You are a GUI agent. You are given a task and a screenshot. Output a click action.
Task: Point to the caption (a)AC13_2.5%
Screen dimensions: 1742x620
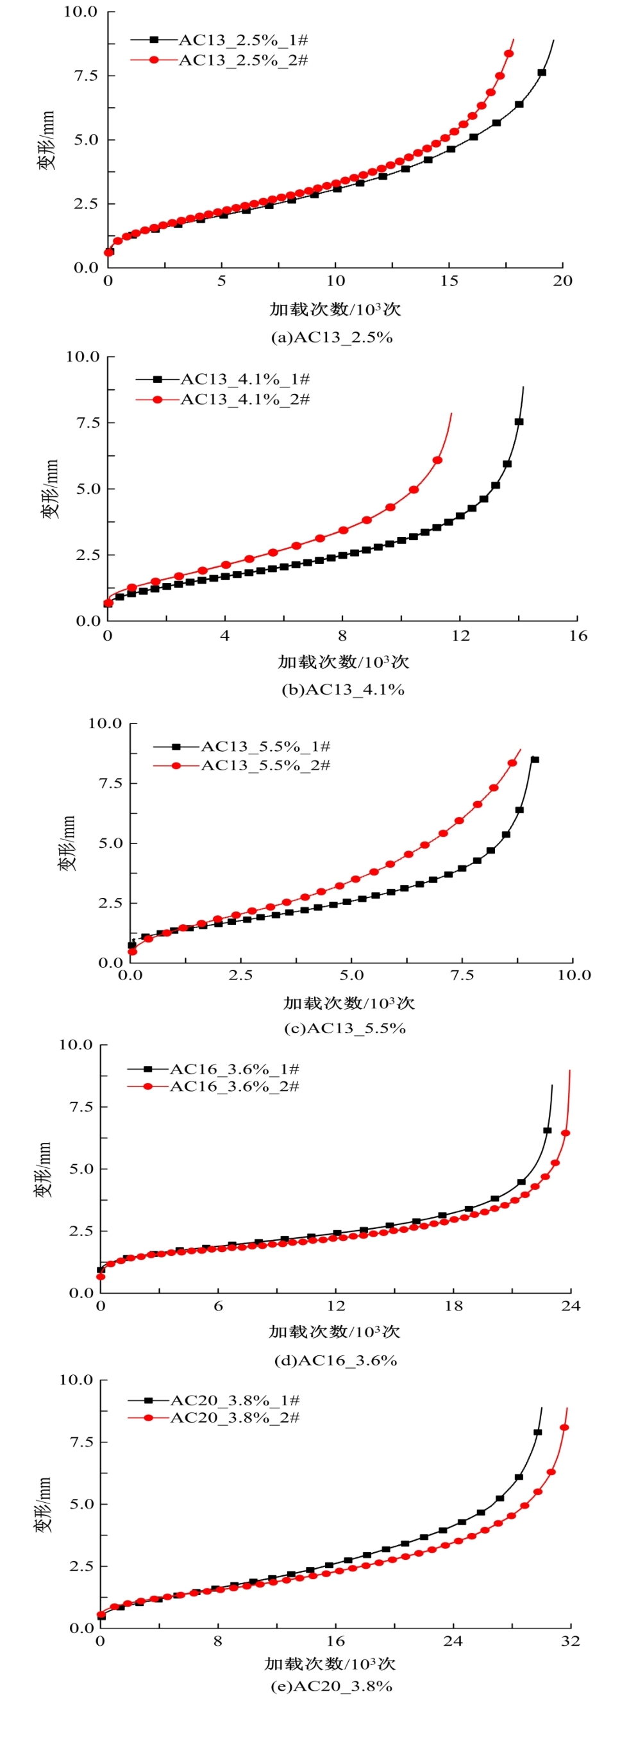(331, 337)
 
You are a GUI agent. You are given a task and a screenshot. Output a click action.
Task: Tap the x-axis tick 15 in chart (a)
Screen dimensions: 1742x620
(449, 281)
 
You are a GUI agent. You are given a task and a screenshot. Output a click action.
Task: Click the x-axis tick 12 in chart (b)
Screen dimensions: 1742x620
(460, 636)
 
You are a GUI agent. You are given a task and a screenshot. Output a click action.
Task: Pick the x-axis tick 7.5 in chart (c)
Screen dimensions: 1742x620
(462, 974)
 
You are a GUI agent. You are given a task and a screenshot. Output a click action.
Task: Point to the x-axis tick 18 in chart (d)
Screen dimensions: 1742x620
(453, 1306)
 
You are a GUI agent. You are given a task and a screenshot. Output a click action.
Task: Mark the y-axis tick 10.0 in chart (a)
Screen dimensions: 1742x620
(80, 12)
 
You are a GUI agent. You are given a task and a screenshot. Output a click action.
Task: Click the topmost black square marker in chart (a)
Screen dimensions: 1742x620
(542, 72)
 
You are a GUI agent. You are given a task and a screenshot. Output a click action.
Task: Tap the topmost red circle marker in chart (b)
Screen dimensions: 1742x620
(437, 460)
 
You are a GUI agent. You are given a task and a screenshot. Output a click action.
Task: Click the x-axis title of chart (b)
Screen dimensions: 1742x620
(344, 661)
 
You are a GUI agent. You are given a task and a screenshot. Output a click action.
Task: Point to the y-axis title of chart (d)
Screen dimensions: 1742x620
(43, 1169)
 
